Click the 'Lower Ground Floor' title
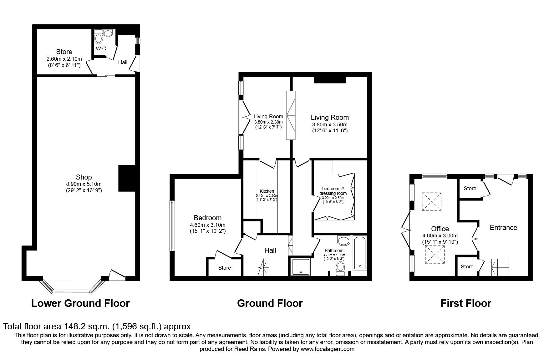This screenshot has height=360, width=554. click(x=80, y=303)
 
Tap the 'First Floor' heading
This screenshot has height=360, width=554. click(x=466, y=303)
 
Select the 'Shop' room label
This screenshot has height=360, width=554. click(x=84, y=177)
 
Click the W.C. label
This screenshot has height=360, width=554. click(x=102, y=49)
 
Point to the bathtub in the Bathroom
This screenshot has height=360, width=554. click(x=360, y=253)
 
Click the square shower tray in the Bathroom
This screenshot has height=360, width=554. click(x=301, y=267)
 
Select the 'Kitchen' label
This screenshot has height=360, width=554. click(x=267, y=191)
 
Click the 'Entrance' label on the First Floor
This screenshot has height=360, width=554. click(x=503, y=227)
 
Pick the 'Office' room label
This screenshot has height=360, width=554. click(x=440, y=229)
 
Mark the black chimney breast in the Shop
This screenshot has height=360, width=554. click(x=127, y=178)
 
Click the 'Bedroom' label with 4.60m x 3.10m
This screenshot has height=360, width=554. click(x=207, y=218)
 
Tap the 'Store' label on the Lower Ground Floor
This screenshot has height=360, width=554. click(x=64, y=52)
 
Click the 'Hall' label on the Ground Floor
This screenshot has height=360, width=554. click(x=270, y=250)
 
